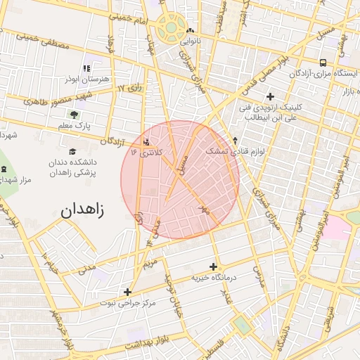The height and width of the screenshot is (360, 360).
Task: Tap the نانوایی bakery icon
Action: pyautogui.click(x=191, y=30)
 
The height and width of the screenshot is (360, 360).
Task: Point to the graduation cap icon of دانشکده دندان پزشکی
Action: pyautogui.click(x=72, y=151)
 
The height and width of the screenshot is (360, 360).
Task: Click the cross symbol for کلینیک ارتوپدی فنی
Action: pyautogui.click(x=270, y=96)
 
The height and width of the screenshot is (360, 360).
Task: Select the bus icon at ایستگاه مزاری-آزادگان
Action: pyautogui.click(x=322, y=62)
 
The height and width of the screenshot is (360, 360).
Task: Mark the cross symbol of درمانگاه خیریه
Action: pyautogui.click(x=213, y=266)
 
